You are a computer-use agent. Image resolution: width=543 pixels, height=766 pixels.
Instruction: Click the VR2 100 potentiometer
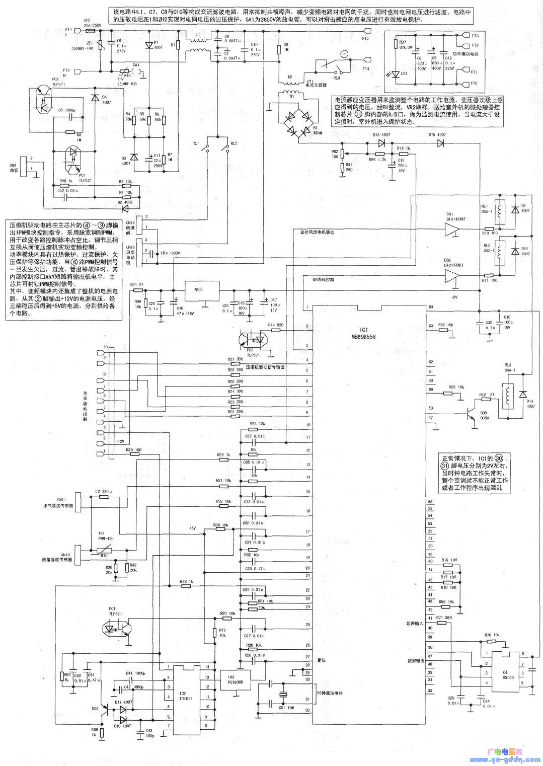point(343,153)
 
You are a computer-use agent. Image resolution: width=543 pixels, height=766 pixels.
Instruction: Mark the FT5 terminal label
point(365,38)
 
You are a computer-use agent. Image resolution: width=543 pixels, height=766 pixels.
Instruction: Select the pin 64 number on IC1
point(430,307)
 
